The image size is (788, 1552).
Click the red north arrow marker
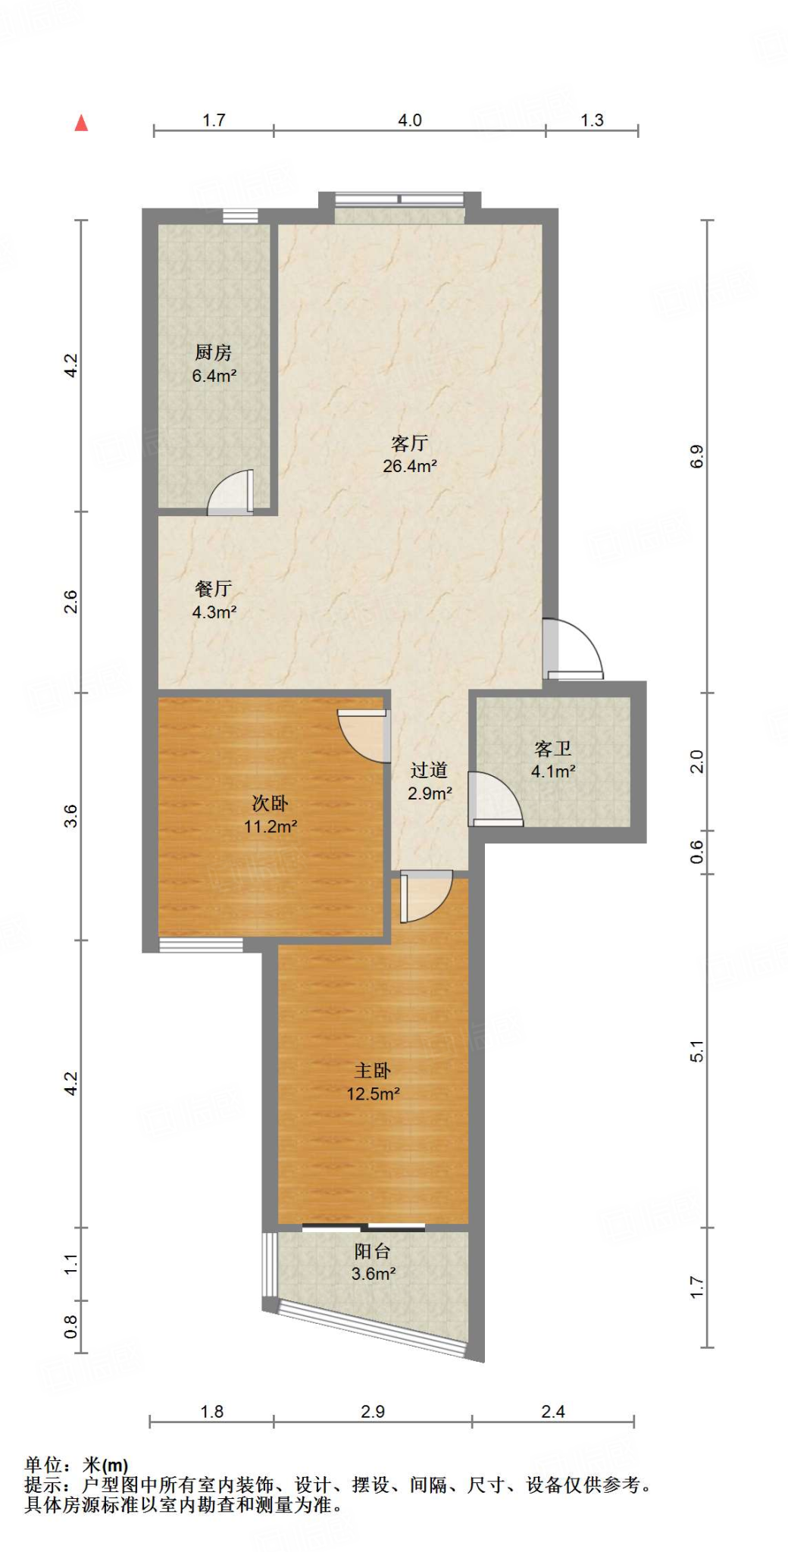point(81,124)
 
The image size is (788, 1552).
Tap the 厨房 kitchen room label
point(213,352)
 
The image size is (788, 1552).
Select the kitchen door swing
point(232,493)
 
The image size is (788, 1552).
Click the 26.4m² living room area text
point(409,466)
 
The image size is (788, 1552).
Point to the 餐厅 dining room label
point(213,589)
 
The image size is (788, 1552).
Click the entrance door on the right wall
point(573,649)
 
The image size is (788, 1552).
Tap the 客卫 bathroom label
point(552,749)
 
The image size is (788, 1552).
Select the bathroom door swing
point(492,799)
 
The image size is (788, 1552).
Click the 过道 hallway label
point(429,771)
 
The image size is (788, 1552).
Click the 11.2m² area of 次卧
point(270,826)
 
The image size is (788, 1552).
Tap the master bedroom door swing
point(424,896)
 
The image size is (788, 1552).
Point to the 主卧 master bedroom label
point(373,1071)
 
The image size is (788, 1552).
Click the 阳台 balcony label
point(373,1251)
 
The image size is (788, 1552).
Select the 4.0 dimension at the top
point(409,120)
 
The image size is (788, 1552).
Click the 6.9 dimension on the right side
point(696,456)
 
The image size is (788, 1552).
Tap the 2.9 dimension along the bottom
point(372,1412)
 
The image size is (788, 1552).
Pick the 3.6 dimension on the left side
point(70,815)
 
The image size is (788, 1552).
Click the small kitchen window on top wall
point(240,216)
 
